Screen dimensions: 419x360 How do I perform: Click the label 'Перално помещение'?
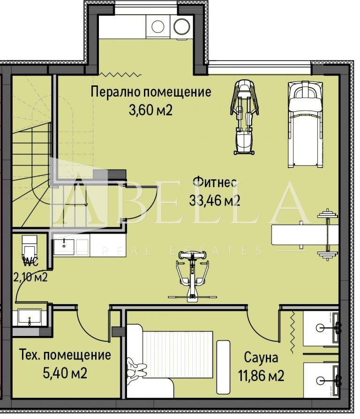tap(150, 91)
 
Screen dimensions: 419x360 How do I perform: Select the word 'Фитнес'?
tap(213, 182)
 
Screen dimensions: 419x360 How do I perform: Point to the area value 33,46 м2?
tap(215, 200)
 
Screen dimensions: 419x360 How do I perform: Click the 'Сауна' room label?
tap(261, 358)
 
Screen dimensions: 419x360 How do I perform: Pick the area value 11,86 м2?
tap(261, 375)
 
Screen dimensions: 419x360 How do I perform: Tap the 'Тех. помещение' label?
tap(65, 355)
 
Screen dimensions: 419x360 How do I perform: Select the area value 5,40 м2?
tap(65, 373)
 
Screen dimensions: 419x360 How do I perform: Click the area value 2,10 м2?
tap(31, 277)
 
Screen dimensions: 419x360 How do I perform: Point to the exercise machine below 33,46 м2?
tap(192, 277)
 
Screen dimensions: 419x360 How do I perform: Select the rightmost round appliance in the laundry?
tap(181, 26)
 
